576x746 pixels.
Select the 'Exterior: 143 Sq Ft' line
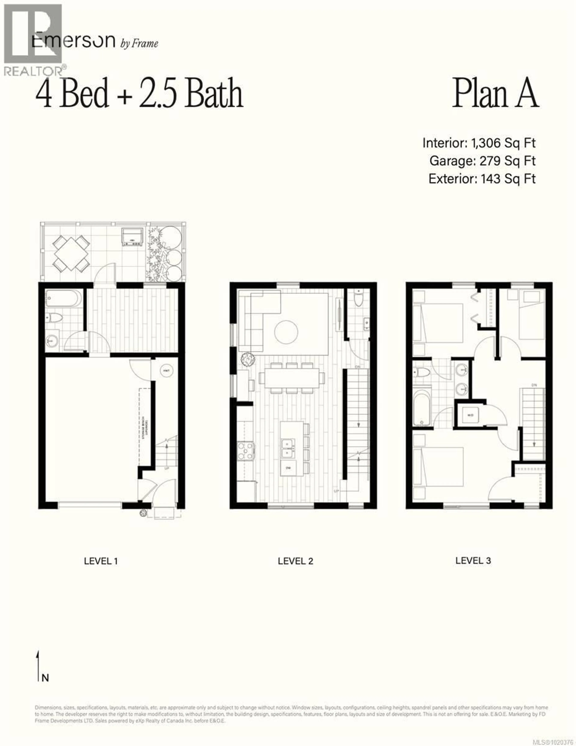(482, 179)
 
